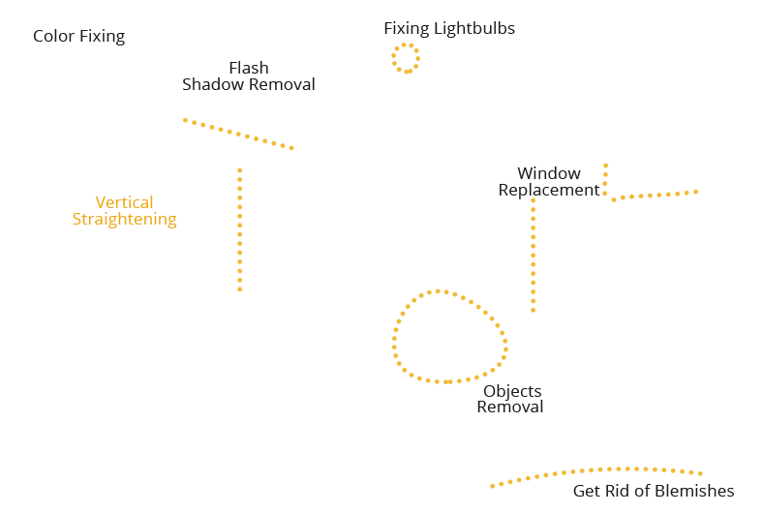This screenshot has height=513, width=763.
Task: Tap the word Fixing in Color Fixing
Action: pos(102,37)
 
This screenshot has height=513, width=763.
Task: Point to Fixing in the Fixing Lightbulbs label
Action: pos(407,29)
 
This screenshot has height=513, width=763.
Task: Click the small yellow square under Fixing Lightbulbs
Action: pos(406,58)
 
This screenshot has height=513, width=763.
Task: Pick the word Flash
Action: pos(249,69)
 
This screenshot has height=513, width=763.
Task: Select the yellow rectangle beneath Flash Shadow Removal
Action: pos(237,134)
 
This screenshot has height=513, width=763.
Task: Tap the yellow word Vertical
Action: pos(124,203)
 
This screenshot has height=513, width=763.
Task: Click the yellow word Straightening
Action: pos(124,219)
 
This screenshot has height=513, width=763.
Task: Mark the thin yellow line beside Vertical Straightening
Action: pos(239,229)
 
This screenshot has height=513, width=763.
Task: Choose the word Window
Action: pos(549,174)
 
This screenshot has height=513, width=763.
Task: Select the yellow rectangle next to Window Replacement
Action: pos(650,182)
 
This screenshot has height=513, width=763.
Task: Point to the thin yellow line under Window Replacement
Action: pos(533,255)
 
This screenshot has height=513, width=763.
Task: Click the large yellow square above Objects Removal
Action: pos(449,336)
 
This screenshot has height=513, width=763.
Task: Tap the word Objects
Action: pos(512,392)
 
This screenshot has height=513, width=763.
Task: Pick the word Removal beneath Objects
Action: pos(509,407)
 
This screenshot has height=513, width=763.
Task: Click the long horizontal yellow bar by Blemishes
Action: pos(595,476)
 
